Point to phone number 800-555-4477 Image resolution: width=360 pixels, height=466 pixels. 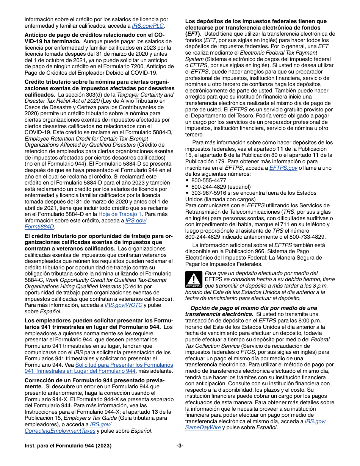tap(208, 180)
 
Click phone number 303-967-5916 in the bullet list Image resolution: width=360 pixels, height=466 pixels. tap(208, 193)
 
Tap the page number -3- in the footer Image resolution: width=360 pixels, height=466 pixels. tap(180, 446)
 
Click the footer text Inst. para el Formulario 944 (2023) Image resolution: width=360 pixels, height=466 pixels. tap(68, 446)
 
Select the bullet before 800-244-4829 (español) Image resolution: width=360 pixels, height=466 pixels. tap(188, 187)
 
